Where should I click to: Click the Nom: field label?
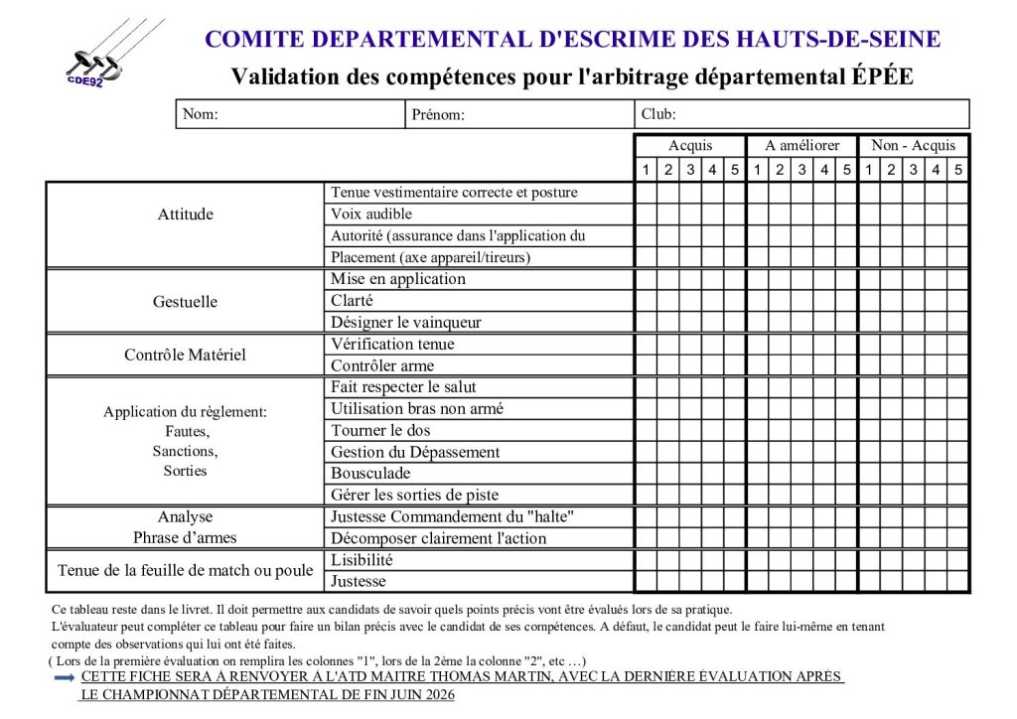[x=201, y=114]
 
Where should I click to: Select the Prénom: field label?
[x=438, y=114]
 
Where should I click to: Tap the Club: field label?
[x=658, y=114]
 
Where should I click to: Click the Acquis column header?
[x=689, y=146]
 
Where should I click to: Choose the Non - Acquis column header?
[x=913, y=146]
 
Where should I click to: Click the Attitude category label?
[x=186, y=215]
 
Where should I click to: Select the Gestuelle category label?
[x=186, y=301]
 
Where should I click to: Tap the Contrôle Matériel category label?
[x=186, y=355]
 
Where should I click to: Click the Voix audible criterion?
[x=371, y=215]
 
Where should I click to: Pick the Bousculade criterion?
[x=370, y=474]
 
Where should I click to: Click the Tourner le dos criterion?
[x=380, y=430]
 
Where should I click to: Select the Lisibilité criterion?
[x=363, y=560]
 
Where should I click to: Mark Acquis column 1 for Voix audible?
[x=646, y=215]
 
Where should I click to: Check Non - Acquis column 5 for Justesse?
[x=957, y=582]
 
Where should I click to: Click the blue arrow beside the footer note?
[x=65, y=677]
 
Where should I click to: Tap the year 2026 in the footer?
[x=432, y=694]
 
